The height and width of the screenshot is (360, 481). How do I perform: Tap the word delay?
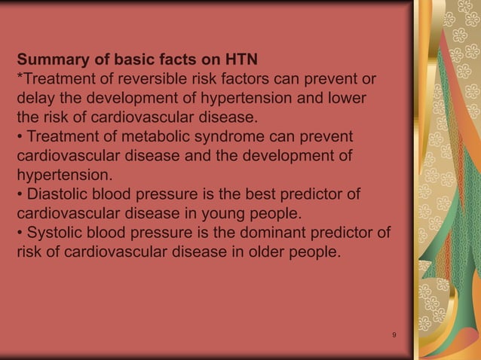coord(35,99)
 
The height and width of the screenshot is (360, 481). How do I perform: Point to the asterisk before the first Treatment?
coord(20,78)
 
